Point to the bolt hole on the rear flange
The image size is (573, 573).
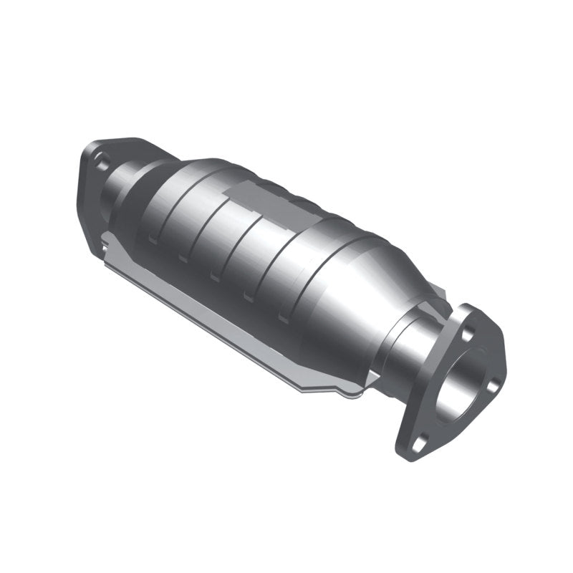102,164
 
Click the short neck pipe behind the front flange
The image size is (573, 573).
408,351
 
